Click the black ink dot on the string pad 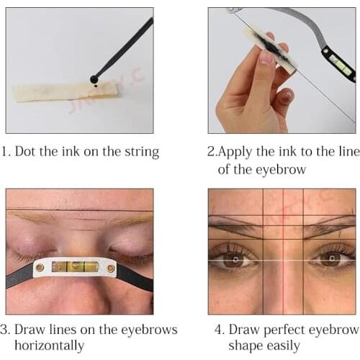pos(96,86)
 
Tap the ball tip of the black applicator pos(94,78)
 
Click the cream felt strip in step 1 pos(65,91)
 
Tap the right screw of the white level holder pos(111,269)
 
